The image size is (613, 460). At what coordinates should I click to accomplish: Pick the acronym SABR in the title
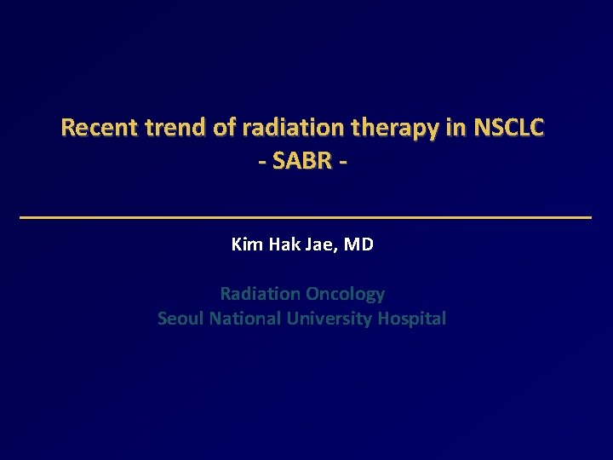pos(301,160)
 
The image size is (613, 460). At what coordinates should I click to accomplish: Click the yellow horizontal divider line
pos(305,218)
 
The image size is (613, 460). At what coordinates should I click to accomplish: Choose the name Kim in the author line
pos(248,245)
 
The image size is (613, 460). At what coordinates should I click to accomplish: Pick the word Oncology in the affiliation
pos(345,295)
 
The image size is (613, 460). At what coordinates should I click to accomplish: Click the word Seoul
pos(180,319)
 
